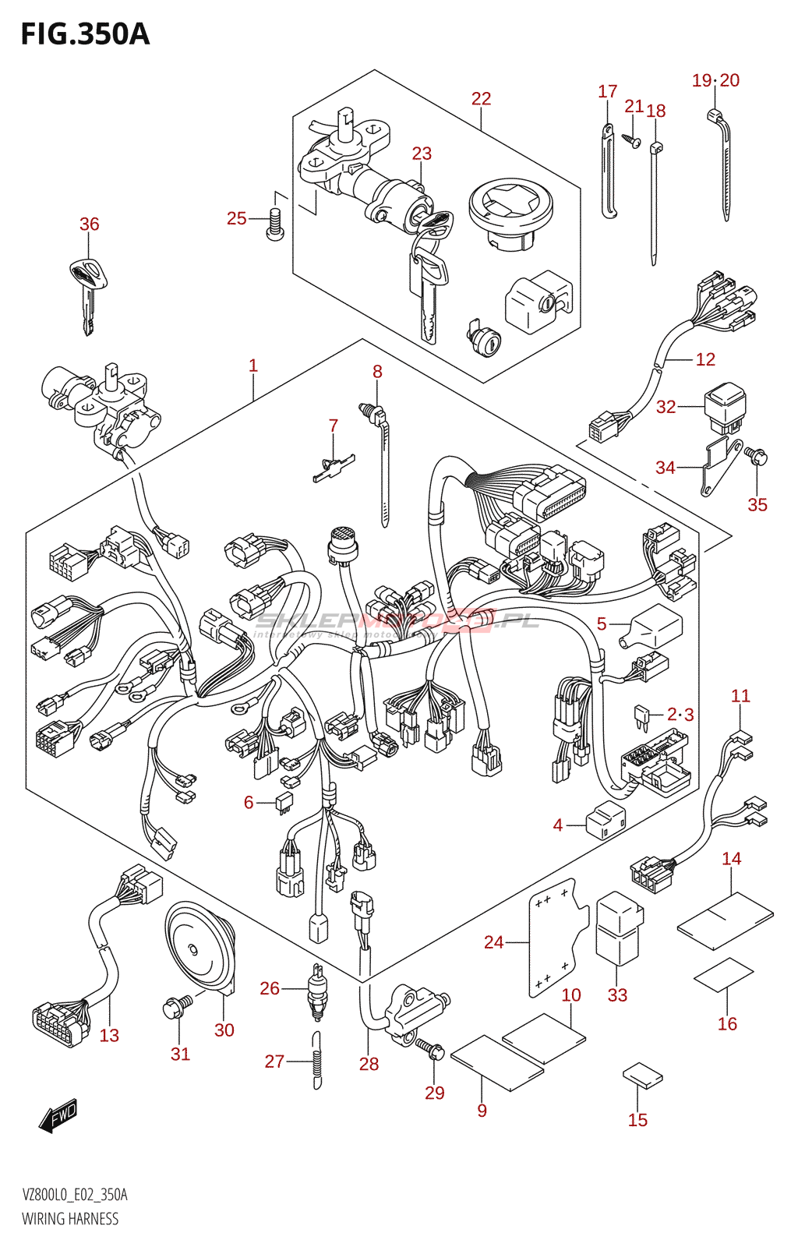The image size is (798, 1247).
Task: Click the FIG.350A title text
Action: pos(85,35)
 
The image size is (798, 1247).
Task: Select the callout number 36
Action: pos(90,224)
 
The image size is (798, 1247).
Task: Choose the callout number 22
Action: pos(481,99)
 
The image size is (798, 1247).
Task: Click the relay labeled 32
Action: pos(725,405)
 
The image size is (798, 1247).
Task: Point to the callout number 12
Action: pos(705,359)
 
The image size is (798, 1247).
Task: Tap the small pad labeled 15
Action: pos(643,1077)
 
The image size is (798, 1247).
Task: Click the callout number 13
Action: pos(109,1036)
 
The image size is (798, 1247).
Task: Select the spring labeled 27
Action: pos(316,1060)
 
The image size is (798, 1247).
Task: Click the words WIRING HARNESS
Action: pos(70,1219)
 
